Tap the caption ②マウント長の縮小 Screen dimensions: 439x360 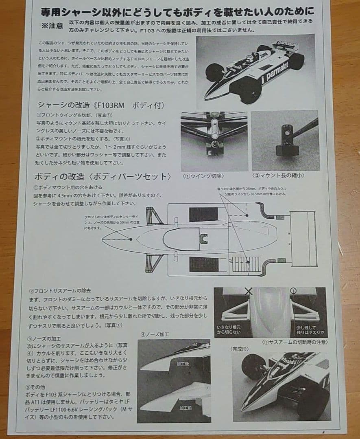pyautogui.click(x=279, y=176)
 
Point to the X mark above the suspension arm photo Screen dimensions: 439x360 pyautogui.click(x=249, y=291)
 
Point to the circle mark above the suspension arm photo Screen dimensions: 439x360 pyautogui.click(x=294, y=291)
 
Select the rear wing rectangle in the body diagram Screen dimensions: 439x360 pyautogui.click(x=303, y=238)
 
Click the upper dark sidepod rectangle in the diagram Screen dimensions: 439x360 pyautogui.click(x=204, y=215)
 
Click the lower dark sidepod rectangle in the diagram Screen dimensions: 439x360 pyautogui.click(x=204, y=264)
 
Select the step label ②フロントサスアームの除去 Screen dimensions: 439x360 pyautogui.click(x=60, y=291)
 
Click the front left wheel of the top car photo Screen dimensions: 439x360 pyautogui.click(x=214, y=72)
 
